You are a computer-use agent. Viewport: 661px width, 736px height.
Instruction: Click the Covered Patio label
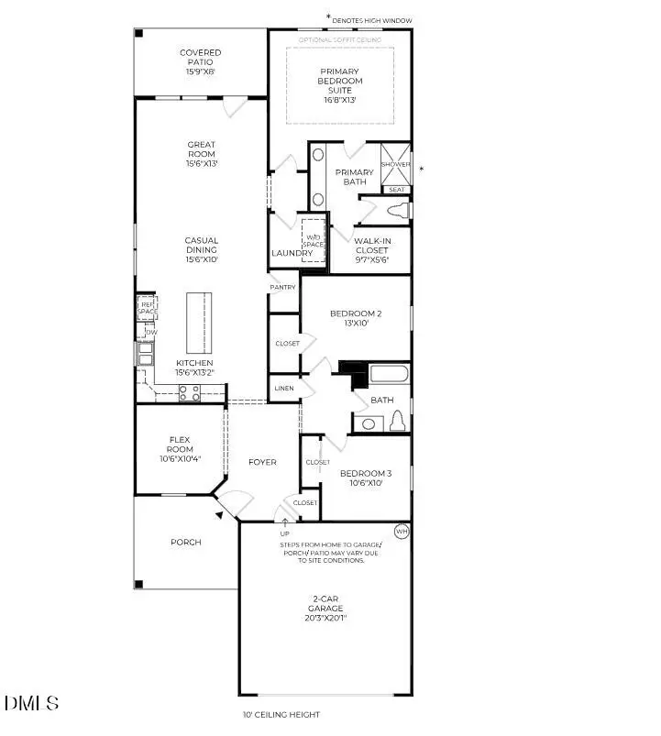coord(200,61)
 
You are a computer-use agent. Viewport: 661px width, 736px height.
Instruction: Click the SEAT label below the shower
coord(396,190)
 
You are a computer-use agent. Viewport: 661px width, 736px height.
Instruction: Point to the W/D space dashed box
coord(314,240)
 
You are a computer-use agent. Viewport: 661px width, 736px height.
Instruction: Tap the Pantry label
coord(283,288)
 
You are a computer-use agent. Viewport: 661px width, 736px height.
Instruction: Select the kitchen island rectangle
coord(199,323)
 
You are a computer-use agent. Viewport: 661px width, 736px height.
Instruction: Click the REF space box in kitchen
coord(148,308)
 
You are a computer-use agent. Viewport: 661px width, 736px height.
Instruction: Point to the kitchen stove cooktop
coord(189,392)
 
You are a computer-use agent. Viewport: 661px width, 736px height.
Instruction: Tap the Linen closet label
coord(283,390)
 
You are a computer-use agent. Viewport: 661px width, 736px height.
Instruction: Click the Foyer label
coord(262,462)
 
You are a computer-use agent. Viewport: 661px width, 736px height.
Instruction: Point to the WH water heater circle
coord(401,532)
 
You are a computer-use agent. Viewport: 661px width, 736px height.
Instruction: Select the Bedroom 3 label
coord(365,478)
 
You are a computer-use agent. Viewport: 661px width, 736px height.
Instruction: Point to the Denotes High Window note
coord(372,19)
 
